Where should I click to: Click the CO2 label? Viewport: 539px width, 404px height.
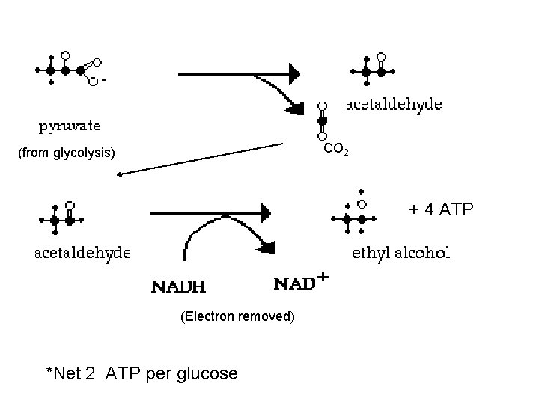point(334,150)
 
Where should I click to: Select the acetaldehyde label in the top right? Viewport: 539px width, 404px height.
point(394,105)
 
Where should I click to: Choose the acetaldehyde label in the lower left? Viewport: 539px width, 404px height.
point(83,253)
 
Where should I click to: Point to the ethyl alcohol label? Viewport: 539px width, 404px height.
point(401,253)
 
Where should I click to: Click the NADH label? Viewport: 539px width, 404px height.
point(180,285)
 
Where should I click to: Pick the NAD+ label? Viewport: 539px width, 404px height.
point(302,283)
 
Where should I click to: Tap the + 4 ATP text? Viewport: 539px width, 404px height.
point(441,209)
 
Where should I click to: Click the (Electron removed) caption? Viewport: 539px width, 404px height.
point(238,316)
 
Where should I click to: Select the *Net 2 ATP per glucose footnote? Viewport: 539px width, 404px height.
point(141,373)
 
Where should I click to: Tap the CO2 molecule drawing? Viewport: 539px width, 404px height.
point(322,120)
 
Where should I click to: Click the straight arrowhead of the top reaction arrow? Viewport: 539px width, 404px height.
point(294,73)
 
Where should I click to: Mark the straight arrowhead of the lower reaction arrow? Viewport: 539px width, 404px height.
point(264,212)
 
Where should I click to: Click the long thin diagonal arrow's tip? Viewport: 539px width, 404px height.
point(120,174)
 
